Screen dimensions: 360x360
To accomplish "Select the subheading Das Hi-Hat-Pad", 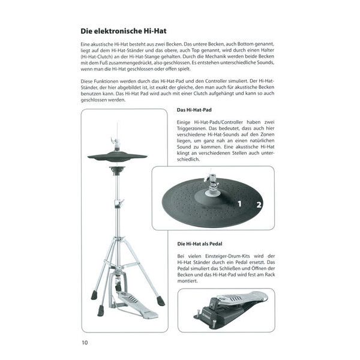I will pos(194,110).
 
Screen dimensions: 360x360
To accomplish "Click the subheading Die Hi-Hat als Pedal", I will pos(201,244).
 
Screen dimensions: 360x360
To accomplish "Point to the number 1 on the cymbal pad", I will pos(238,203).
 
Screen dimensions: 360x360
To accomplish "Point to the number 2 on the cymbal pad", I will pos(259,205).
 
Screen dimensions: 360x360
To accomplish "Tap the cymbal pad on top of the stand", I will pos(117,157).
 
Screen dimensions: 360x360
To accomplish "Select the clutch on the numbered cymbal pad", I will pos(212,189).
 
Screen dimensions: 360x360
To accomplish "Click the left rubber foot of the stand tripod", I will pos(94,295).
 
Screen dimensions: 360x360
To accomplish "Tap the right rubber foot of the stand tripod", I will pos(161,300).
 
